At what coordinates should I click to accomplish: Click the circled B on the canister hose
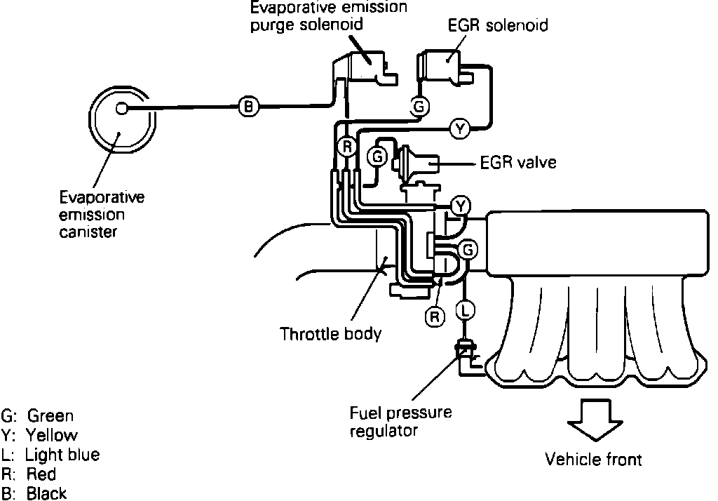coord(249,107)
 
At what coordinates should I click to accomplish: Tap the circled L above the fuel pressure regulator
coord(466,308)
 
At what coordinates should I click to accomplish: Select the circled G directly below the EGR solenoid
coord(419,107)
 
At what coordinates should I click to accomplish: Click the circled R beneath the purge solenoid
coord(346,147)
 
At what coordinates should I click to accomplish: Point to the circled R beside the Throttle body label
coord(435,317)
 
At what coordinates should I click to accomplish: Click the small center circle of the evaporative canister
coord(121,108)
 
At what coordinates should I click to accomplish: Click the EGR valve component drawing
coord(418,166)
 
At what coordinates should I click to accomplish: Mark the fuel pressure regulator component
coord(463,347)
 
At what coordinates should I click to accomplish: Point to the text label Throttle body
coord(330,333)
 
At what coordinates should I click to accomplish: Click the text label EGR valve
coord(518,163)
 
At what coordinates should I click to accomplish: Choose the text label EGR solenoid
coord(498,26)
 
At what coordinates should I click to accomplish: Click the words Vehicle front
coord(593,460)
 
